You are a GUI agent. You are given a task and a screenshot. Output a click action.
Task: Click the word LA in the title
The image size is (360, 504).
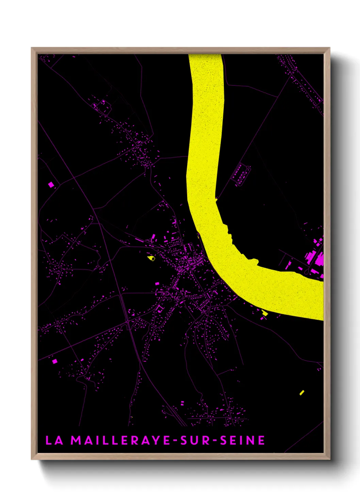pyautogui.click(x=54, y=440)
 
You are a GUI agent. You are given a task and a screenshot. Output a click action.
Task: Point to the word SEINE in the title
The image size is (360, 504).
pyautogui.click(x=243, y=440)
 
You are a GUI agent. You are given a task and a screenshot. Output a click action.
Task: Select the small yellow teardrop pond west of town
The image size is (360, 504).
pyautogui.click(x=151, y=258)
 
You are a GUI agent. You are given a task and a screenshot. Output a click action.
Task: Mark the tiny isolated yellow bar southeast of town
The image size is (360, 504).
pyautogui.click(x=301, y=392)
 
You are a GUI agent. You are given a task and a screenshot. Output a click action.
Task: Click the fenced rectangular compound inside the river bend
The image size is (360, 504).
pyautogui.click(x=241, y=174)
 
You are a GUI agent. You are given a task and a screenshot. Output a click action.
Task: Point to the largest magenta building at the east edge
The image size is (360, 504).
pyautogui.click(x=320, y=259)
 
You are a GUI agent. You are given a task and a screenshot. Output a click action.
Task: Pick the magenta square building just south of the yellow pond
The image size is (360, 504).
pyautogui.click(x=157, y=283)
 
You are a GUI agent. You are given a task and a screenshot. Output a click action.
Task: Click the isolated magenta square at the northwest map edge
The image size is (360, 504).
pyautogui.click(x=51, y=185)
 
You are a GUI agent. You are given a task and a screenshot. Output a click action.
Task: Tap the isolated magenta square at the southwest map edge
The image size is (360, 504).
pyautogui.click(x=54, y=361)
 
